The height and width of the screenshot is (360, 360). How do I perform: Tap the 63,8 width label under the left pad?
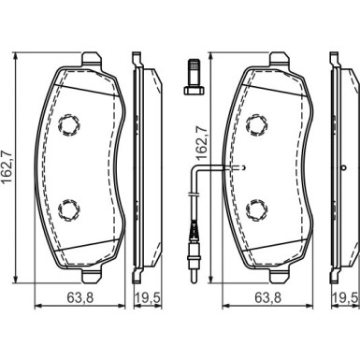click(x=80, y=297)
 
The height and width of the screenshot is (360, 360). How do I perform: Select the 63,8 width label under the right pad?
click(x=268, y=297)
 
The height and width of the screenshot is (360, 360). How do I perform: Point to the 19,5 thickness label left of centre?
click(x=148, y=297)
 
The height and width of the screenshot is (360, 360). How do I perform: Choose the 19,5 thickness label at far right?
click(x=345, y=297)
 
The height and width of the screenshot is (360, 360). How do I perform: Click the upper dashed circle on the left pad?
click(x=69, y=124)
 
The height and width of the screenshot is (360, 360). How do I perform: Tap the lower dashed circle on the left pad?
click(x=69, y=209)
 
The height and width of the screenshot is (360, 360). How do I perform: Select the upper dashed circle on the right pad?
click(x=257, y=124)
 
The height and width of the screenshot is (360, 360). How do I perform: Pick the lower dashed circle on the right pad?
click(x=257, y=209)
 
